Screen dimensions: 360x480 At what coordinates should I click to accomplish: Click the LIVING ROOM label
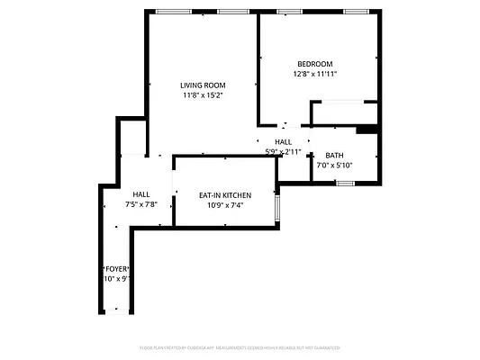click(202, 85)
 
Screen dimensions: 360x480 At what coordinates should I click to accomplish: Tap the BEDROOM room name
click(315, 64)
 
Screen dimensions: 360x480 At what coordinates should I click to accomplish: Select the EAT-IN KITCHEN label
click(224, 195)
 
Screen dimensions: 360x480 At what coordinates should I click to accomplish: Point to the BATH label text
click(334, 156)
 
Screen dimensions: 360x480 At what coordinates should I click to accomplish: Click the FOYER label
click(117, 269)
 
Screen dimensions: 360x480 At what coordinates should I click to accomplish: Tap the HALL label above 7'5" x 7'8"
click(141, 194)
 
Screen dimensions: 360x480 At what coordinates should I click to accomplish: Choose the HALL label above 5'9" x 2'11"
click(283, 142)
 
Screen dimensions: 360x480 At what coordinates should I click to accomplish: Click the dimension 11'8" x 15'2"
click(202, 94)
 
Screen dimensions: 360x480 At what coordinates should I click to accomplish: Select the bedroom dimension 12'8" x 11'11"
click(315, 74)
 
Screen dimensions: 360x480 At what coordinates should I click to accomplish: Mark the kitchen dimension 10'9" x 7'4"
click(224, 205)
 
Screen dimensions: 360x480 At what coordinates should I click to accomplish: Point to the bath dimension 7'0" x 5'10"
click(334, 166)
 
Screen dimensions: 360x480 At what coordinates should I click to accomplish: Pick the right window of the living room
click(232, 12)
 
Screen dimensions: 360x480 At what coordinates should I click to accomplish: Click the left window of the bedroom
click(289, 12)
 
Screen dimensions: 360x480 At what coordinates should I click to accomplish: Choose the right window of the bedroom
click(356, 12)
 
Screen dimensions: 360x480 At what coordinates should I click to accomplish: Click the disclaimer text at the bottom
click(240, 347)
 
